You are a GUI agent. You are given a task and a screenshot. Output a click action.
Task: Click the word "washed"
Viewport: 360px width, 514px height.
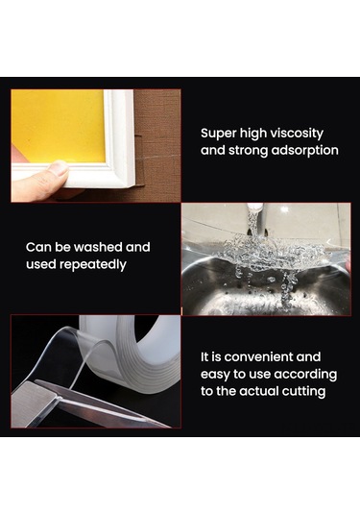click(98, 247)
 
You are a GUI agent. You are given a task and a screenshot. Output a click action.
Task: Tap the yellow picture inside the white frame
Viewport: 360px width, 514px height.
click(59, 126)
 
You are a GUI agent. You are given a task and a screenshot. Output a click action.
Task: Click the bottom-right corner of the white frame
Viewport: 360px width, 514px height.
click(133, 186)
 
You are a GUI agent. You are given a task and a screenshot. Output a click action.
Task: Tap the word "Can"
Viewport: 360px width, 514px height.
click(38, 247)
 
